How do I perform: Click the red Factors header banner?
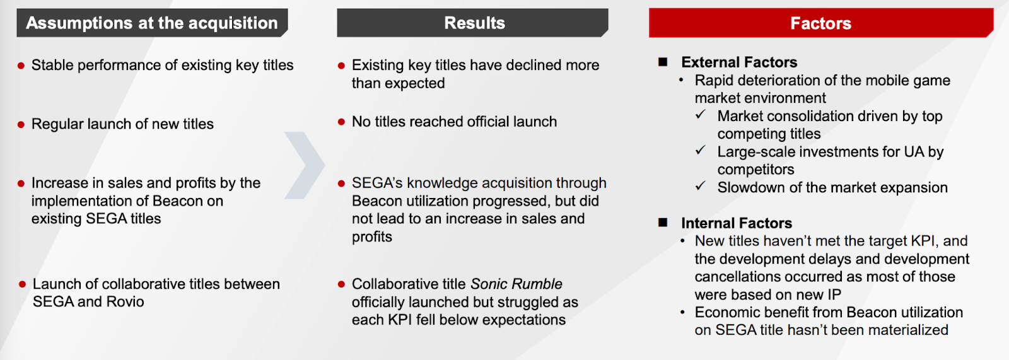coord(820,23)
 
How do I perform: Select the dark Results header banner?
coord(472,23)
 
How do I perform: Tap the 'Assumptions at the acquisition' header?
coord(152,23)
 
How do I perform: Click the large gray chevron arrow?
coord(305,165)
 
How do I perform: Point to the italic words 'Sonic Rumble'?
coord(516,284)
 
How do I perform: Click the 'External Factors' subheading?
coord(738,62)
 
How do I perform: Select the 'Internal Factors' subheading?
coord(737,223)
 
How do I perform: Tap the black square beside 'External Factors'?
coord(663,62)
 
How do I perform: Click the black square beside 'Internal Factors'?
coord(663,222)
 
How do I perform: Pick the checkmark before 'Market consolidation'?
coord(701,115)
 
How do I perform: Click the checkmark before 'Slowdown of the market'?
coord(701,185)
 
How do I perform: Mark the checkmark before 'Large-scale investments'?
coord(701,150)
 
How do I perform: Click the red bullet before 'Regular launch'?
coord(21,124)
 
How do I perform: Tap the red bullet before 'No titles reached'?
coord(341,122)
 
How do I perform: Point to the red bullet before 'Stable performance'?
coord(21,66)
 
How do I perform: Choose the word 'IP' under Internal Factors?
coord(834,294)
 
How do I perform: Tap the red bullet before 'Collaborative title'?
coord(341,284)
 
